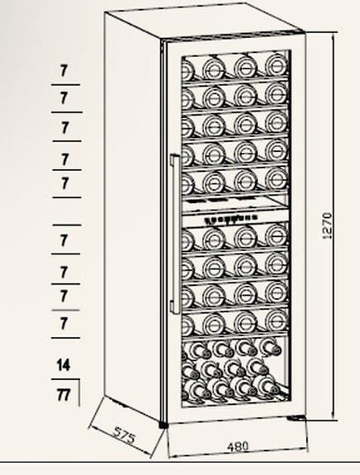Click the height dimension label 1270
(x=327, y=226)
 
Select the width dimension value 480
(x=238, y=446)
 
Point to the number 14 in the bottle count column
(x=64, y=365)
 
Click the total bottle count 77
(x=64, y=395)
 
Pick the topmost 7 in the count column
(x=64, y=70)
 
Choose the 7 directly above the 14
(x=64, y=324)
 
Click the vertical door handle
(x=175, y=234)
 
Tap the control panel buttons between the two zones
(x=230, y=218)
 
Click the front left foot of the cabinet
(x=163, y=425)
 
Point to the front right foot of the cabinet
(x=296, y=418)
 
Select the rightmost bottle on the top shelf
(x=276, y=64)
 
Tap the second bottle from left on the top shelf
(x=214, y=69)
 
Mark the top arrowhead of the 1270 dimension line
(x=334, y=35)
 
